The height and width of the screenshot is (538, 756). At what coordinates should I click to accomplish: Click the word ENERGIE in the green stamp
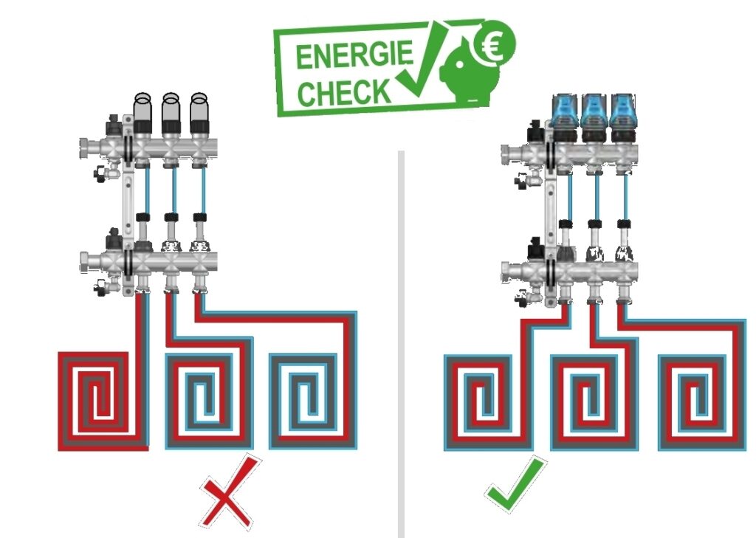[354, 55]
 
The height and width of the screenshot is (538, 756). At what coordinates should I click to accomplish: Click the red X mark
[229, 492]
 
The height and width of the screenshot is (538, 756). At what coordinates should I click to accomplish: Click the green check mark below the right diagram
[516, 484]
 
